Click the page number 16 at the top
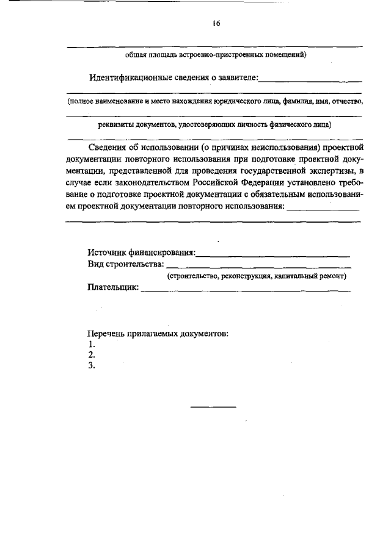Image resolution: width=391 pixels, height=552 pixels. click(216, 23)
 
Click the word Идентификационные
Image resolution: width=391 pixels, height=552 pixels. click(130, 77)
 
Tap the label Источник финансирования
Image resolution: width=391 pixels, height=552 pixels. click(141, 252)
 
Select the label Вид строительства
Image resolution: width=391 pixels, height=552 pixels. click(125, 264)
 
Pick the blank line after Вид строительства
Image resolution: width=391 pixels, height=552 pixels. click(258, 267)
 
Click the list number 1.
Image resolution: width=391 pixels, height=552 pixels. click(91, 345)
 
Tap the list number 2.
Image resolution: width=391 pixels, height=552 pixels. click(92, 355)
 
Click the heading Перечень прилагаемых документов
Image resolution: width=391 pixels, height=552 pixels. click(158, 334)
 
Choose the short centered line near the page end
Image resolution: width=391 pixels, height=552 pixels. click(213, 406)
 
